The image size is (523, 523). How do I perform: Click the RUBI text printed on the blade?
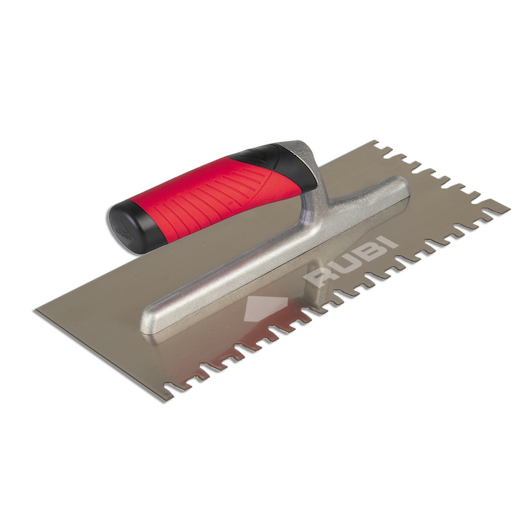tap(351, 258)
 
